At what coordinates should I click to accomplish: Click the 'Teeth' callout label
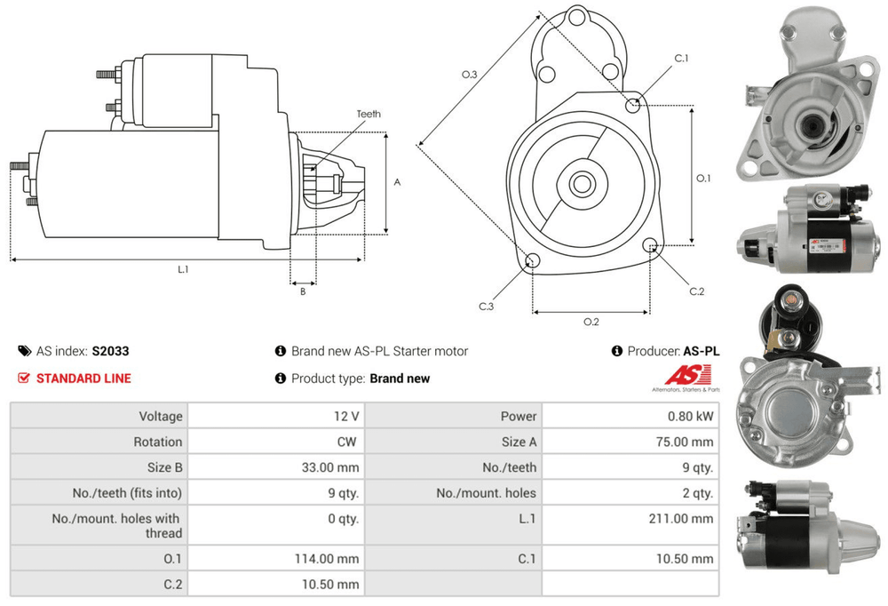point(369,114)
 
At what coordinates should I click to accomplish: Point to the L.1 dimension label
point(183,268)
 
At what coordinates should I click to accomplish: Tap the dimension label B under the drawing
point(303,291)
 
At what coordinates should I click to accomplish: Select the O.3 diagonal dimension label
point(470,75)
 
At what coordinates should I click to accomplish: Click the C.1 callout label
point(682,59)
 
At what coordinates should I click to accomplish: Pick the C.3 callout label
point(486,307)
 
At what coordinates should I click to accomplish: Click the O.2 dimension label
point(591,322)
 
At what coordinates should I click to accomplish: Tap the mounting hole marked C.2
point(651,246)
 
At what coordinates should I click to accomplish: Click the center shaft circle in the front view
point(582,185)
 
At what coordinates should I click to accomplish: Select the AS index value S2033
point(110,351)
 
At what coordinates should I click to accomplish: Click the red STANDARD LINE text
point(83,379)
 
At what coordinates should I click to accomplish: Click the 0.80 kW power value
point(692,416)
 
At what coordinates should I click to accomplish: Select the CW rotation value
point(349,442)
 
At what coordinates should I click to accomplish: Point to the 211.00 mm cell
point(685,518)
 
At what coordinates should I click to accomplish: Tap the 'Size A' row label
point(519,442)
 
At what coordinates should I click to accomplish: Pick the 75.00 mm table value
point(687,442)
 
